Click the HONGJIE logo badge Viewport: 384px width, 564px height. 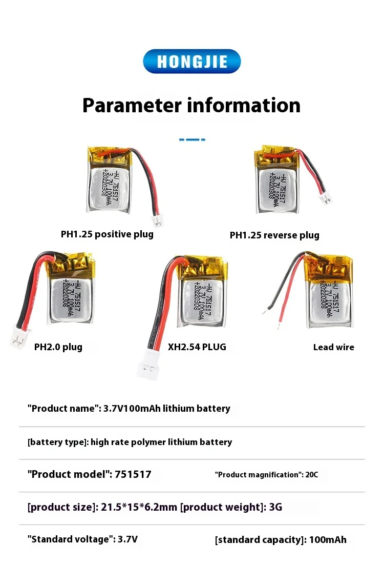coord(191,62)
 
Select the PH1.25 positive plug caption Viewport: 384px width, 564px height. coord(107,234)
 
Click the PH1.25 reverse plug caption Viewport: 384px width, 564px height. coord(274,235)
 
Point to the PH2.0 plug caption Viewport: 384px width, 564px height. coord(58,347)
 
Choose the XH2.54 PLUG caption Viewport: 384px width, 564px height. coord(197,347)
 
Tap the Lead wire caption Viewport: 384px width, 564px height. coord(334,347)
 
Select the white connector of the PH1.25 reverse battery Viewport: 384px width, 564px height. coord(325,197)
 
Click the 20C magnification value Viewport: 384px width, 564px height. coord(312,475)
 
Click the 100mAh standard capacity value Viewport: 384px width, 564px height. coord(328,540)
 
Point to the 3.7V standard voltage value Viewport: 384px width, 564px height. coord(127,540)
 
